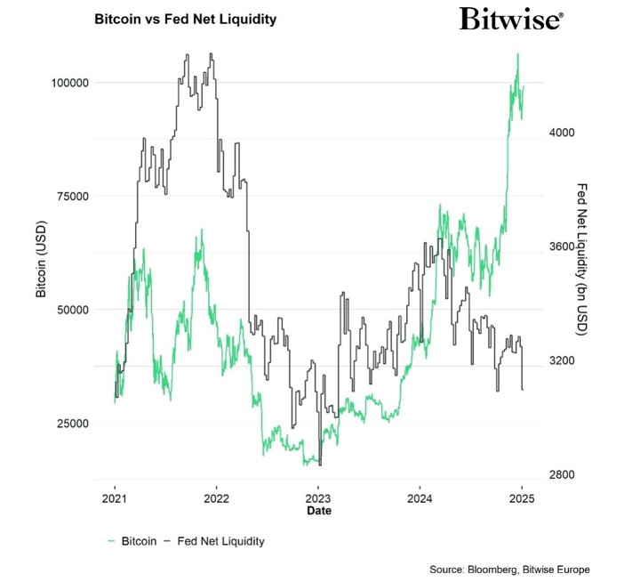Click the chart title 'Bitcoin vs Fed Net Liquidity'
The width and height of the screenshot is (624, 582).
(185, 19)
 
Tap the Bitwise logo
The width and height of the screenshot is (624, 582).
(510, 20)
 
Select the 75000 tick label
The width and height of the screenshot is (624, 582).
(68, 197)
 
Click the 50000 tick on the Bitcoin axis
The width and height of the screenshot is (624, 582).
(68, 310)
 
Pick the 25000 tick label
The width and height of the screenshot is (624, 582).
(68, 424)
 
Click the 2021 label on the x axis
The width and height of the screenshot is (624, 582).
(115, 499)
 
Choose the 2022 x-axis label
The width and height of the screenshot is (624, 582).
(217, 499)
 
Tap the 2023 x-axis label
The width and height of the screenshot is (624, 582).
(318, 499)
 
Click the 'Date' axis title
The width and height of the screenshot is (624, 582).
(318, 512)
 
